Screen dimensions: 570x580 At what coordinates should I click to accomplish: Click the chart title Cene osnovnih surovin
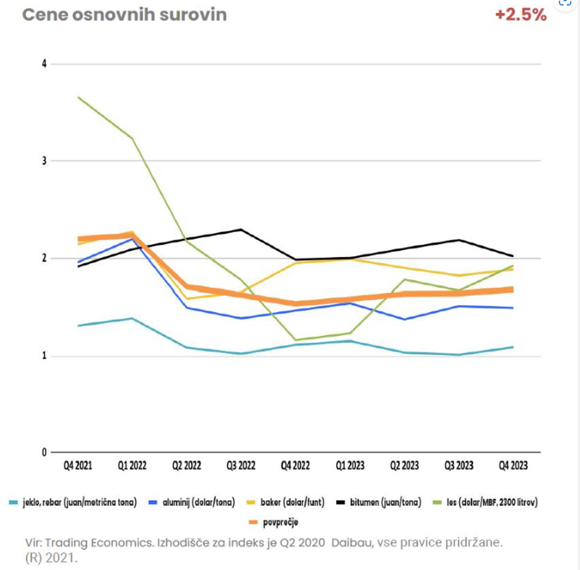124,15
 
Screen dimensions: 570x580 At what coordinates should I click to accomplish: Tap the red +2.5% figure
520,15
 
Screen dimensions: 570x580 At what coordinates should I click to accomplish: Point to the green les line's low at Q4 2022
296,340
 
